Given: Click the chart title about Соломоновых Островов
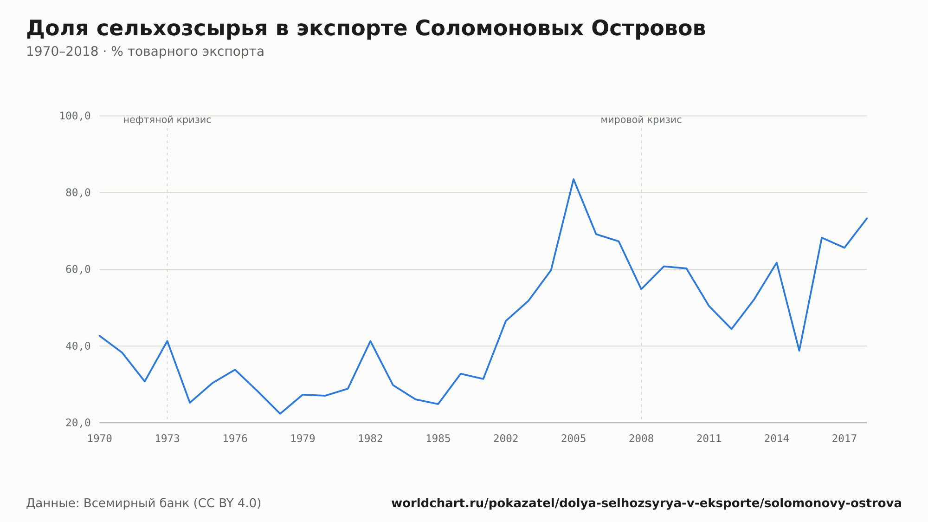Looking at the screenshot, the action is tap(366, 29).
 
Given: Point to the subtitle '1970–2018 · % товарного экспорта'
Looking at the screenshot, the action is tap(145, 52).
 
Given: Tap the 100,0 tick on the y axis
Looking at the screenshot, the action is tap(75, 116).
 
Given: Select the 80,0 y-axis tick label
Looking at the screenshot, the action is tap(78, 193).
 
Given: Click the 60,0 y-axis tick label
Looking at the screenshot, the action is tap(78, 269).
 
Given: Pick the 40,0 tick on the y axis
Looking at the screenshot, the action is tap(78, 346).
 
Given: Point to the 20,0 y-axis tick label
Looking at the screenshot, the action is tap(78, 423).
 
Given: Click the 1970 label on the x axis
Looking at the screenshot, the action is tap(100, 439).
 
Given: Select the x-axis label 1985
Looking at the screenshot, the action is tap(438, 439).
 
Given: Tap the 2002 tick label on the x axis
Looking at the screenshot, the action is tap(506, 439).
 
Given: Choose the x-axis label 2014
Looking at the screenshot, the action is tap(777, 439).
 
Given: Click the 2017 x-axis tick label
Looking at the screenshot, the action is tap(844, 439).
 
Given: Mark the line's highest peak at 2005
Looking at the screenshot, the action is tap(574, 179).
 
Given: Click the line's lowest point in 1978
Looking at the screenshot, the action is tap(280, 413).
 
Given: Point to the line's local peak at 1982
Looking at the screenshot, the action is tap(370, 341).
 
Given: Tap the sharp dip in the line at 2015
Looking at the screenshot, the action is tap(799, 351).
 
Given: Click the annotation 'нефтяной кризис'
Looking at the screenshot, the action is tap(167, 120).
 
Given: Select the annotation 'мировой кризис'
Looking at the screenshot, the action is tap(641, 120).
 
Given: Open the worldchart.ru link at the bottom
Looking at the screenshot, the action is tap(646, 503).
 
